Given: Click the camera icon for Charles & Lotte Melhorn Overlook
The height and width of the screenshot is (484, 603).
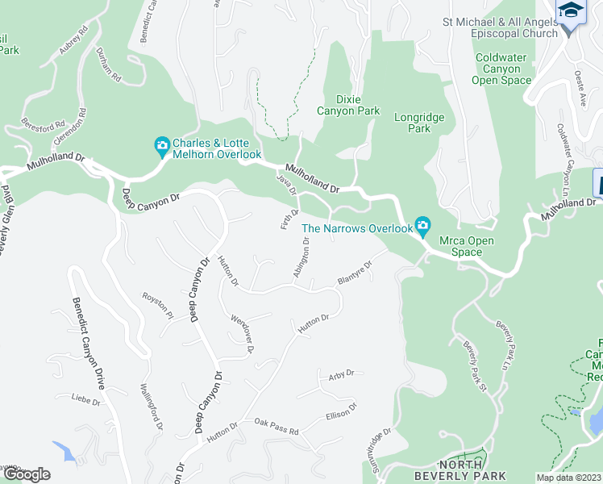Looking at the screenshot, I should click(x=161, y=147).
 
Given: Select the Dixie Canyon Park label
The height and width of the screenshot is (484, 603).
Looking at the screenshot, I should click(x=347, y=104).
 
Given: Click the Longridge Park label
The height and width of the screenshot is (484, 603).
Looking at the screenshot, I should click(x=418, y=123).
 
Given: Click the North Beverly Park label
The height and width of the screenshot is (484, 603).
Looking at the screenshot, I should click(x=472, y=469).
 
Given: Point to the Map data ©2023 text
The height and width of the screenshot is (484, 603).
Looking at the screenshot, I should click(x=569, y=478).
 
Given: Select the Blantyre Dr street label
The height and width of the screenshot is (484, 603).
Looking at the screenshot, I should click(x=356, y=273).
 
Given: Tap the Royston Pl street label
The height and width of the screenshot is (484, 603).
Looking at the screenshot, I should click(x=158, y=304).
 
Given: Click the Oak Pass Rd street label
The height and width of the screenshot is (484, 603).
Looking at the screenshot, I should click(x=276, y=421).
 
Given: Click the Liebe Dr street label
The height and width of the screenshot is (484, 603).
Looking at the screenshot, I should click(x=85, y=398).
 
